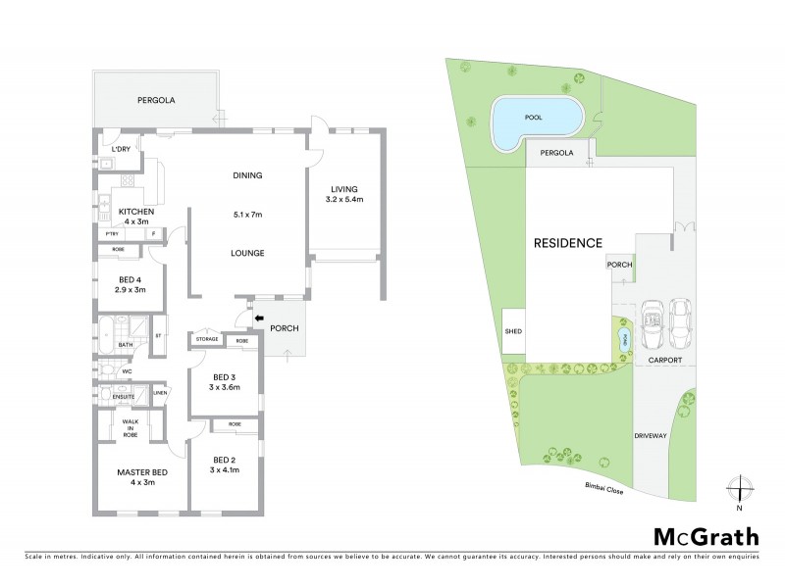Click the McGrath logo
coord(705,536)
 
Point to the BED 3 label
coord(225,377)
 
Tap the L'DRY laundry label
coord(122,149)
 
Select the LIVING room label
coord(343,189)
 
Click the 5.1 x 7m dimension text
coord(248,214)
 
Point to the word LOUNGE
coord(248,252)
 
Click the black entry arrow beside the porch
coord(259,318)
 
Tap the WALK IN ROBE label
coord(129,428)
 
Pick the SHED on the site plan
coord(513,331)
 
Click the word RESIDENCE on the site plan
coord(567,242)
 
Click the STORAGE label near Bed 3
coord(206,340)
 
